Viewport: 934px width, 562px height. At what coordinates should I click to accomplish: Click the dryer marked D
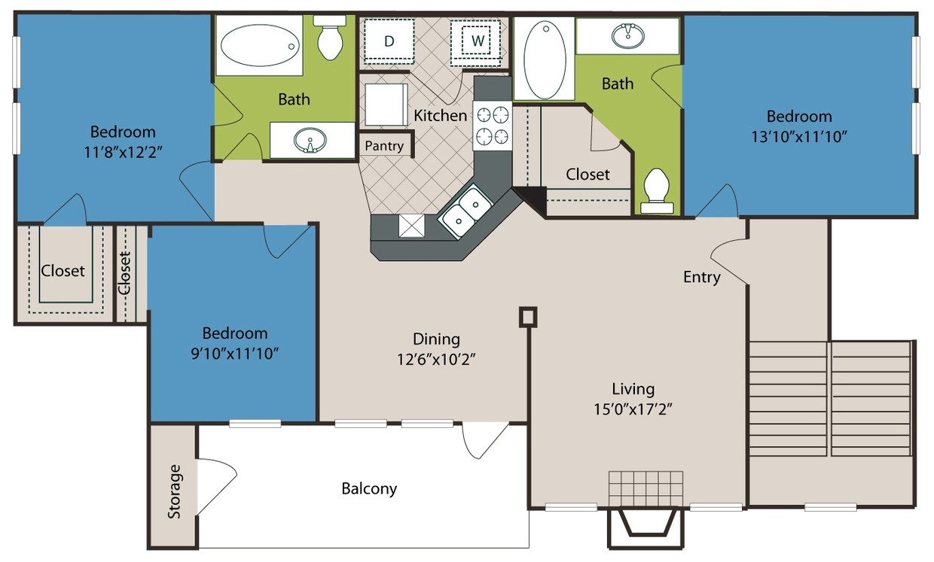(389, 41)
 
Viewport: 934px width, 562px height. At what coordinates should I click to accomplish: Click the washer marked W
(477, 41)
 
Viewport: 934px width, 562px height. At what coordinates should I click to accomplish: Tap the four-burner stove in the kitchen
(492, 126)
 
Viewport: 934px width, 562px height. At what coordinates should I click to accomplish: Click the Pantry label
(384, 146)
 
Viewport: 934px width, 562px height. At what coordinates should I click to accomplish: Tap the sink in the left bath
(310, 140)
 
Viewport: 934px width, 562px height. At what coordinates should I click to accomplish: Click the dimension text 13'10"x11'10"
(799, 137)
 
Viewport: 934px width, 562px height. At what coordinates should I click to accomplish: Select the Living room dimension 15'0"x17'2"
(633, 410)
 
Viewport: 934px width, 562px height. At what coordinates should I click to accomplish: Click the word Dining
(436, 339)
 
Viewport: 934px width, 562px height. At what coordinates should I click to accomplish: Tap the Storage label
(175, 491)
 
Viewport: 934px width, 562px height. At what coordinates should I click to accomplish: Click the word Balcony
(369, 488)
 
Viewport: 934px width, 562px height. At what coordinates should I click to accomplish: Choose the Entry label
(701, 277)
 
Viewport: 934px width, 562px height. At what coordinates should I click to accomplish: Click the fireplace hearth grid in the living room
(646, 490)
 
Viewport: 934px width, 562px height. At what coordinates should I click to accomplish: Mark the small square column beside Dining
(529, 317)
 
